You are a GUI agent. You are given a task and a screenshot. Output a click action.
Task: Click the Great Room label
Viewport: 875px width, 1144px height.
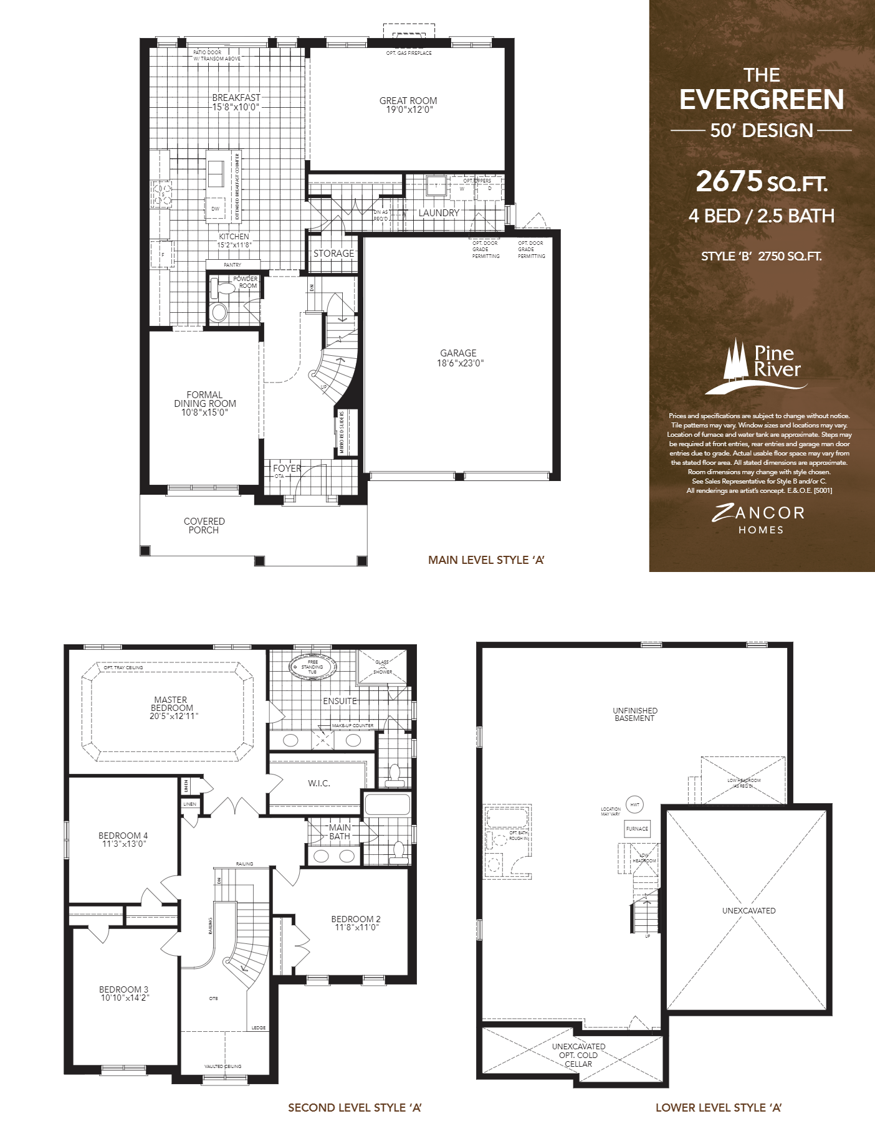tap(408, 100)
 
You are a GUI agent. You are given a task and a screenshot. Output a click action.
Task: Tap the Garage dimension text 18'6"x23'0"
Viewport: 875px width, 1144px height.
tap(460, 363)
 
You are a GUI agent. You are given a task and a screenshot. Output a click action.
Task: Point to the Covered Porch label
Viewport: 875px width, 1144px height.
tap(204, 525)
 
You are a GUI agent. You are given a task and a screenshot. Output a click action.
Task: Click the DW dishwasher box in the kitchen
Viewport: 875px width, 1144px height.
tap(216, 209)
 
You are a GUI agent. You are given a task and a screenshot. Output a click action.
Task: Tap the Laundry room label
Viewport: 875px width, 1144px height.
tap(439, 212)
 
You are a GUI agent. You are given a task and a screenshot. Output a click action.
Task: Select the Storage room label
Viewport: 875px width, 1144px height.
tap(333, 254)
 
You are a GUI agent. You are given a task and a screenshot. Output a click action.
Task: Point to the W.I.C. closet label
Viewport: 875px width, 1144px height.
tap(318, 783)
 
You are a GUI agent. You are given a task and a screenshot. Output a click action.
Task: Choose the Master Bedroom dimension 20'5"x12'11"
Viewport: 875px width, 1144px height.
tap(174, 716)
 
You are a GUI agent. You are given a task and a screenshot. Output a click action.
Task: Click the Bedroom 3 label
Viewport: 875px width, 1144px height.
tap(123, 989)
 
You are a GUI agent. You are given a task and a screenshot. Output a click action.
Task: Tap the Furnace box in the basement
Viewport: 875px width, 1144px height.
tap(637, 829)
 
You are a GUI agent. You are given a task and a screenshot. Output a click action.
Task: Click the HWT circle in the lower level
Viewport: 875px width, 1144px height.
tap(634, 804)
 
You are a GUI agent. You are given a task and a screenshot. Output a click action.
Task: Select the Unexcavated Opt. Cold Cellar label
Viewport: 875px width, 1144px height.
tap(578, 1055)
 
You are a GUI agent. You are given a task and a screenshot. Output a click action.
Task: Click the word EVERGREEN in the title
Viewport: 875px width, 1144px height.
tap(762, 100)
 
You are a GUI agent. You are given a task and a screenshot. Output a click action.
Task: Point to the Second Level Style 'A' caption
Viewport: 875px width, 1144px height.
tap(355, 1107)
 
